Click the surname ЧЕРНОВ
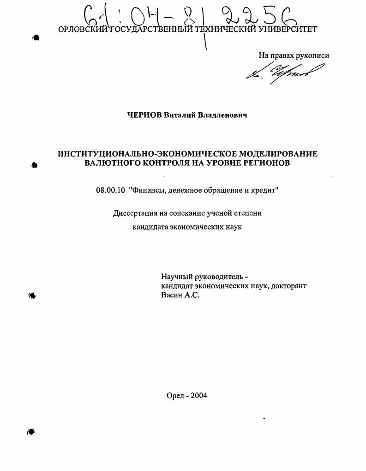point(144,115)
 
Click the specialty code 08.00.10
point(111,190)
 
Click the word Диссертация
point(136,213)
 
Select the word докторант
point(289,286)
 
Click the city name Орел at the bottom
point(175,395)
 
